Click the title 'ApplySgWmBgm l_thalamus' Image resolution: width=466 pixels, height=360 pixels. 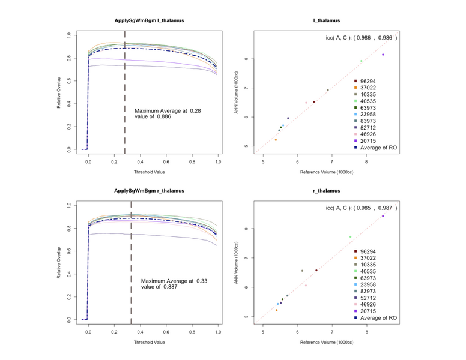pyautogui.click(x=150, y=21)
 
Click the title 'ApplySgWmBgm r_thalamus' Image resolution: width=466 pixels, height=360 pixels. pyautogui.click(x=150, y=191)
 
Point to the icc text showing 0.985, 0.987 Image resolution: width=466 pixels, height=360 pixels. pyautogui.click(x=361, y=208)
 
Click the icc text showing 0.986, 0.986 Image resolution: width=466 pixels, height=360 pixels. pyautogui.click(x=361, y=38)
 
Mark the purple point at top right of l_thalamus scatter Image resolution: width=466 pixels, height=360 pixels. pyautogui.click(x=383, y=55)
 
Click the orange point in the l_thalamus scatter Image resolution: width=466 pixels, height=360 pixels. pyautogui.click(x=276, y=140)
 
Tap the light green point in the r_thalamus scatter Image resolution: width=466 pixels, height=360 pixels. pyautogui.click(x=350, y=237)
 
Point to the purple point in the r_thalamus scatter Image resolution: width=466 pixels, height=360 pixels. pyautogui.click(x=383, y=216)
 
